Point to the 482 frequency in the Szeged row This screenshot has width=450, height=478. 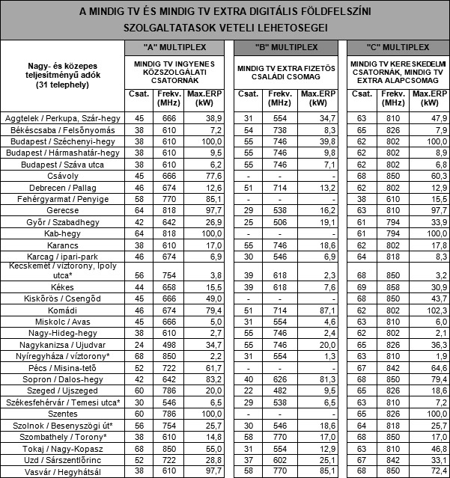[x=279, y=390]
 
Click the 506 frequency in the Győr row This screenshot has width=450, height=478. [x=279, y=222]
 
